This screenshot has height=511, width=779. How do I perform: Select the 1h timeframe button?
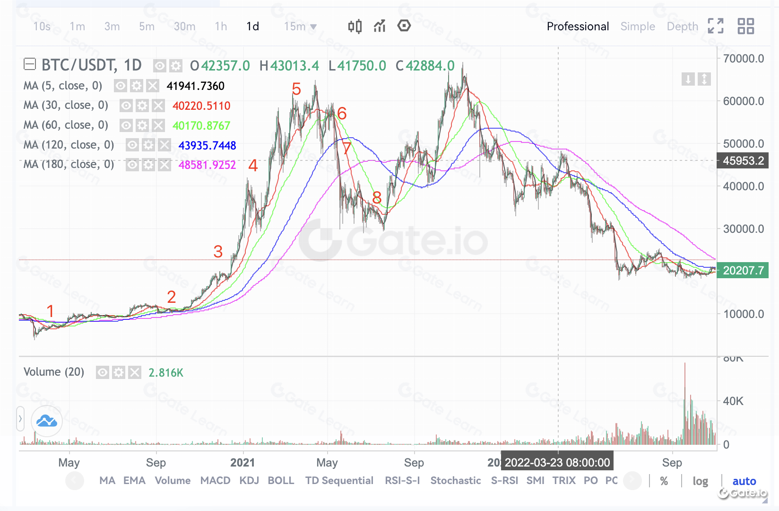pos(221,26)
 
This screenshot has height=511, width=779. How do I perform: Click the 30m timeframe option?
pos(184,26)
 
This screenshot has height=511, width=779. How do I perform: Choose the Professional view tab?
pos(578,26)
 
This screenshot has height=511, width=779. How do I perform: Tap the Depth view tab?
pos(682,26)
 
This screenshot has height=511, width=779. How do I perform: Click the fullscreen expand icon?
pos(716,26)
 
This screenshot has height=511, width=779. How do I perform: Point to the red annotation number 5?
pos(296,89)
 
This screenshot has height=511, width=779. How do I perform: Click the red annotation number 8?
pos(377,198)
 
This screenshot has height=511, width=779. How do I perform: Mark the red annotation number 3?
pos(218,252)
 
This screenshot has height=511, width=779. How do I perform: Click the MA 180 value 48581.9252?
pos(207,165)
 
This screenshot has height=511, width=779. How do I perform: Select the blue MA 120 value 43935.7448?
pos(207,145)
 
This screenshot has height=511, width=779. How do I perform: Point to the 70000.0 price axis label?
pos(744,59)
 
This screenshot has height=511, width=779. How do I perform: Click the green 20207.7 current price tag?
pos(743,271)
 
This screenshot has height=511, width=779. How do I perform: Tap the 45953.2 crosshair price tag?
pos(743,161)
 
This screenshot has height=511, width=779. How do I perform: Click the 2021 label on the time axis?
pos(242,463)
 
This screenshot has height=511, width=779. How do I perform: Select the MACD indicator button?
pos(215,481)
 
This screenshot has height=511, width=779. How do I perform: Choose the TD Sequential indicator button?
pos(339,481)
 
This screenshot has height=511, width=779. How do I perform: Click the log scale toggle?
pos(700,481)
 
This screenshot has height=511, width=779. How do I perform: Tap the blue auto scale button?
pos(744,481)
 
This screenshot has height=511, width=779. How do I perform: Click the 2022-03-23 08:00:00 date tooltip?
pos(557,463)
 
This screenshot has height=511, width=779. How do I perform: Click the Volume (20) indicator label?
pos(54,372)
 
